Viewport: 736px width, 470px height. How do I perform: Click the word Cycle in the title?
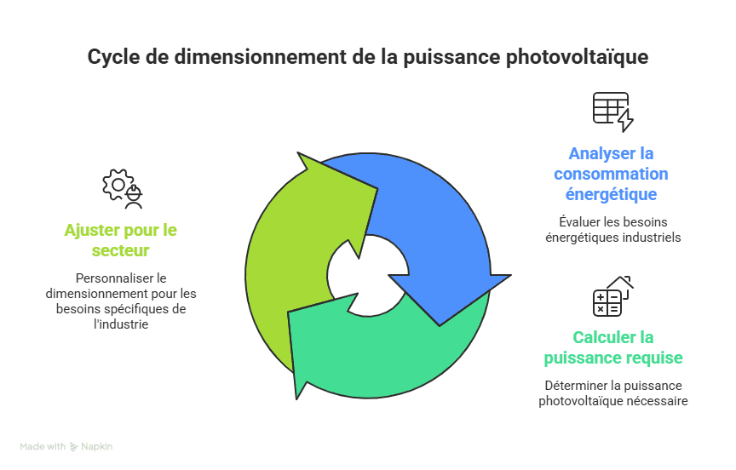coord(113,57)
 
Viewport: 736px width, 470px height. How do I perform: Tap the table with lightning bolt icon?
coord(612,112)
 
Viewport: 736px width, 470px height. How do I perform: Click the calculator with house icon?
coord(612,296)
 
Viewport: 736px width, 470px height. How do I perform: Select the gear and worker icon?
coord(122,188)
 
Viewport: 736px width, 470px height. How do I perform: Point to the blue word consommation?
coord(611,174)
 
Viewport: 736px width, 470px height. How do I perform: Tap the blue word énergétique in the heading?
coord(611,194)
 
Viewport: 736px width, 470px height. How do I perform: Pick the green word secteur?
coord(121,250)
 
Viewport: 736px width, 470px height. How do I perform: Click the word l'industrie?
coord(121,324)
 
